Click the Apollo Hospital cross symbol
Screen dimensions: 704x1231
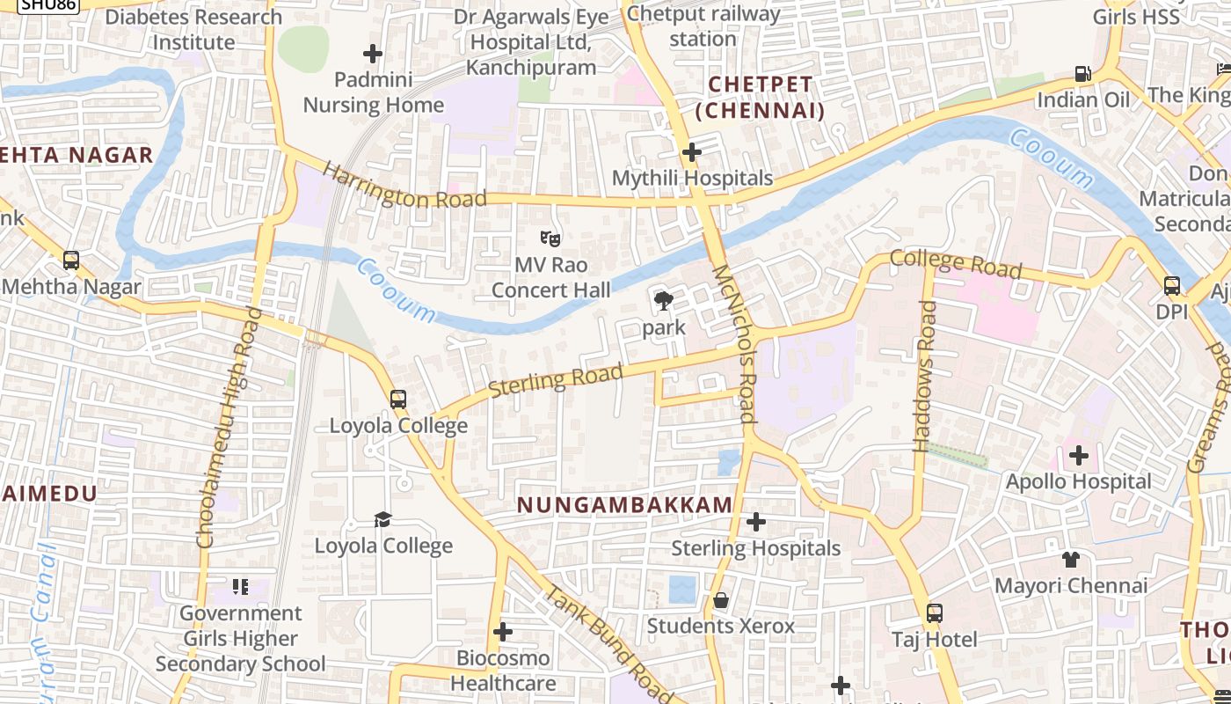[x=1079, y=456]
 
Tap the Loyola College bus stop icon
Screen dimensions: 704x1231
[x=398, y=400]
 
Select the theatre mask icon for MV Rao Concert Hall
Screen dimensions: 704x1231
[x=550, y=238]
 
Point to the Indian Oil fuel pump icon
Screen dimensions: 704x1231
[x=1083, y=74]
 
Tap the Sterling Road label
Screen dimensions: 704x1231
[x=556, y=379]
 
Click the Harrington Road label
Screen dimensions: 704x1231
[x=404, y=186]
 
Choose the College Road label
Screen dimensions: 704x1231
[x=956, y=263]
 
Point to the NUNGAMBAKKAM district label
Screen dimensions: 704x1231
[x=624, y=505]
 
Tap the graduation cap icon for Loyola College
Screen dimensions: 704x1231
[x=382, y=519]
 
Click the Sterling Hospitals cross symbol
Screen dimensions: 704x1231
[x=755, y=523]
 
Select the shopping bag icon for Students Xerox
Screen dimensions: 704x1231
[x=721, y=600]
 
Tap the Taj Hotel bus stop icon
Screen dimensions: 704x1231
[x=935, y=613]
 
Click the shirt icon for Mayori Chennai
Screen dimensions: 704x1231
[x=1070, y=560]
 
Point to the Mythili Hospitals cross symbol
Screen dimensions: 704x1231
[x=692, y=152]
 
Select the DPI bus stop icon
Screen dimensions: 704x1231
[x=1171, y=286]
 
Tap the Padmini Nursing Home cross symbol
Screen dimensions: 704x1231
[x=373, y=55]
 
